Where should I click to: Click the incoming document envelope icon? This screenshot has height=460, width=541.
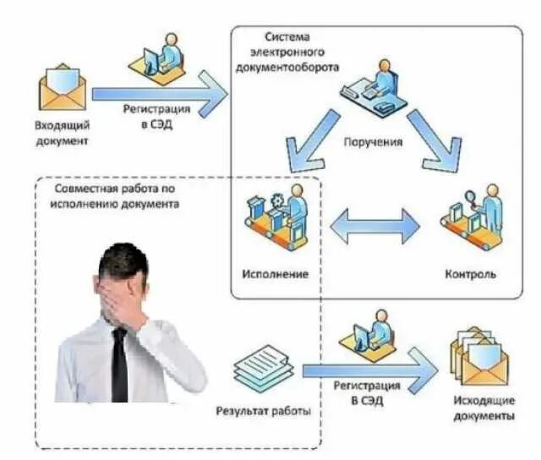tap(62, 89)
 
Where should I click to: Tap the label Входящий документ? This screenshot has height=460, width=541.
tap(62, 133)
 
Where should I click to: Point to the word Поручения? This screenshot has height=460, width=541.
tap(373, 141)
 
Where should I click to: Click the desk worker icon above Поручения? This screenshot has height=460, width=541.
tap(373, 89)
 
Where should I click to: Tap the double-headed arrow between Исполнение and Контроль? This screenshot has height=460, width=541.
tap(374, 226)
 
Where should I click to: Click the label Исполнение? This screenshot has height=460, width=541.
tap(274, 275)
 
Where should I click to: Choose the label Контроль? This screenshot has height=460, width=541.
tap(470, 275)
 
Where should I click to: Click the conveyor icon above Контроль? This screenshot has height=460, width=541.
tap(471, 222)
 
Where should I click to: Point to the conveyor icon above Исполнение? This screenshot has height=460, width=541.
tap(276, 222)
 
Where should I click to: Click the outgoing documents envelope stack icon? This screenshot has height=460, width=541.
tap(481, 359)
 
